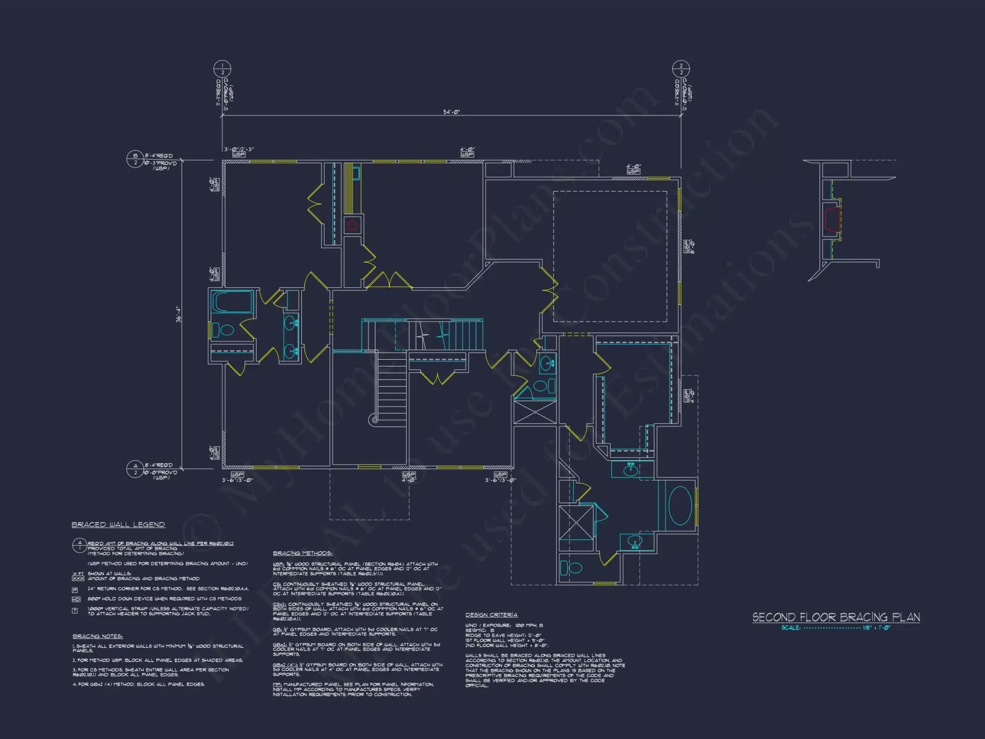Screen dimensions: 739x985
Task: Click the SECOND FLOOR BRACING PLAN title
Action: [836, 617]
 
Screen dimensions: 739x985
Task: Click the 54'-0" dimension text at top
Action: [451, 112]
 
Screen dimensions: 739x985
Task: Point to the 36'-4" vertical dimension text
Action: [178, 314]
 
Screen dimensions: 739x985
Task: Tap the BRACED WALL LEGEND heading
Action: [118, 525]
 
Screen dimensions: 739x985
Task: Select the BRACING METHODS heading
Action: [302, 553]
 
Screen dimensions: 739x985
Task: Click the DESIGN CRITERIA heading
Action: [491, 615]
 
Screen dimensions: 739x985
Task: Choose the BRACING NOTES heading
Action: [98, 636]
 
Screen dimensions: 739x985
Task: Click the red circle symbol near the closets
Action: [352, 226]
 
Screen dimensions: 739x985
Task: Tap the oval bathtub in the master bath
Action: [680, 505]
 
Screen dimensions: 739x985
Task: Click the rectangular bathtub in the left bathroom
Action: [232, 302]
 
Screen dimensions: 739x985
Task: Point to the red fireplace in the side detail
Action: [832, 219]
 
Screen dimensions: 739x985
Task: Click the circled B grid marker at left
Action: [135, 159]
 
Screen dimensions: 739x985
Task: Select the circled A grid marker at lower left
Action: [135, 469]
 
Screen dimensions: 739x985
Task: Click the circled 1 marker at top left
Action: [222, 69]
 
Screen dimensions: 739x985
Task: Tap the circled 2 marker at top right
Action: [681, 69]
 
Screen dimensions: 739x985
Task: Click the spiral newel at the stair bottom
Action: [375, 420]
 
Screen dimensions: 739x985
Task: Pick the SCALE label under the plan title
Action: [790, 628]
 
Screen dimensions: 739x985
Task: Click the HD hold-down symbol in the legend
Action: [76, 599]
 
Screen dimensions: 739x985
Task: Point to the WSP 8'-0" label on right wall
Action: [689, 246]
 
